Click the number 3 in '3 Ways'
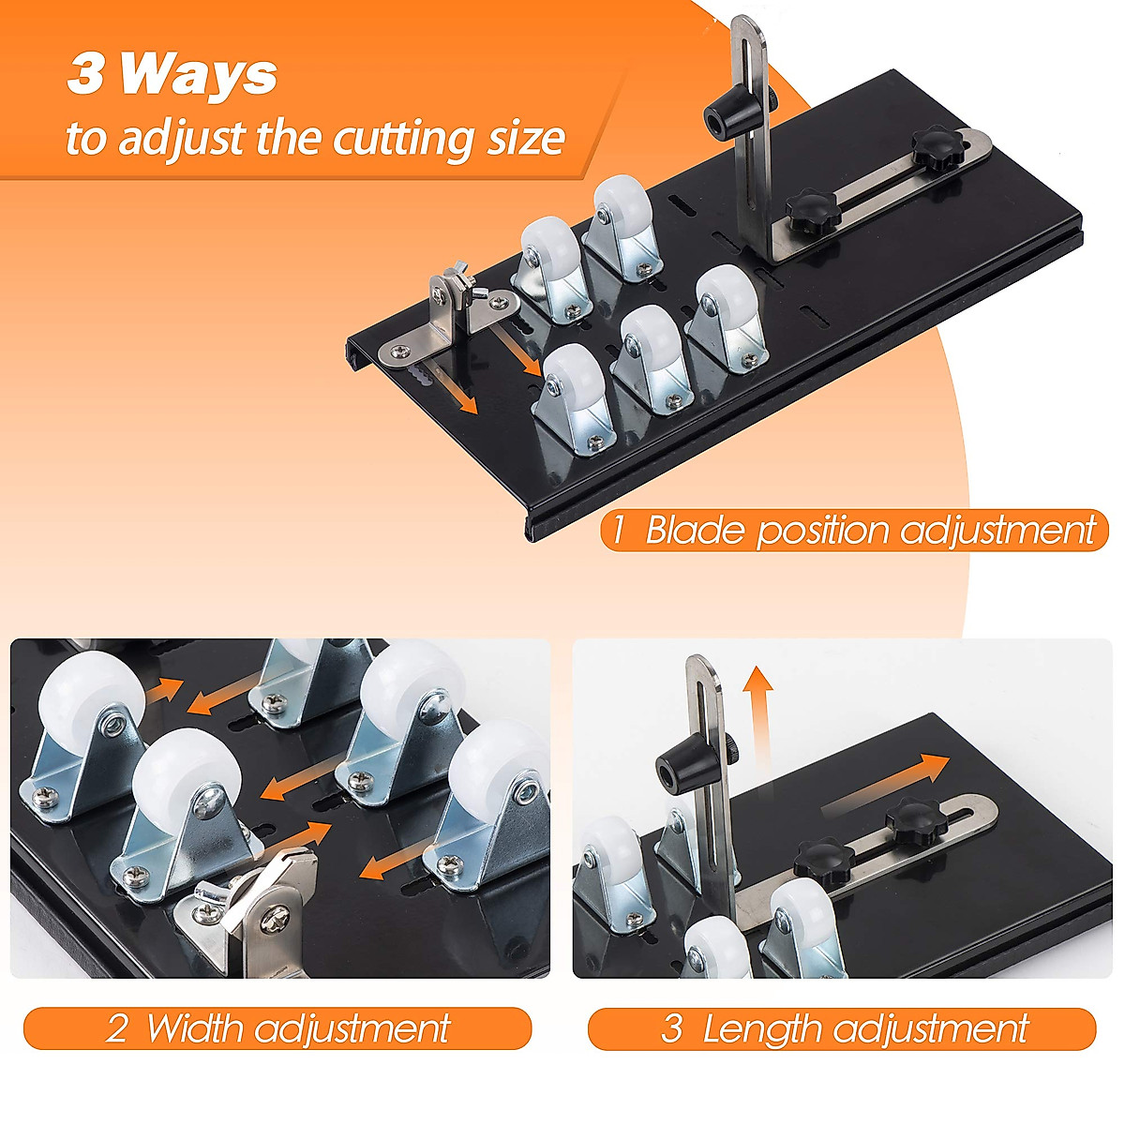(84, 75)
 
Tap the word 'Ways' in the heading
(199, 75)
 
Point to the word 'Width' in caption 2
(194, 1028)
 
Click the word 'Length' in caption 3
(761, 1028)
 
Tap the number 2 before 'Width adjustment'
(116, 1028)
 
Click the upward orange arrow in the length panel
(757, 697)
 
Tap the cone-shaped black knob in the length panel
(682, 761)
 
